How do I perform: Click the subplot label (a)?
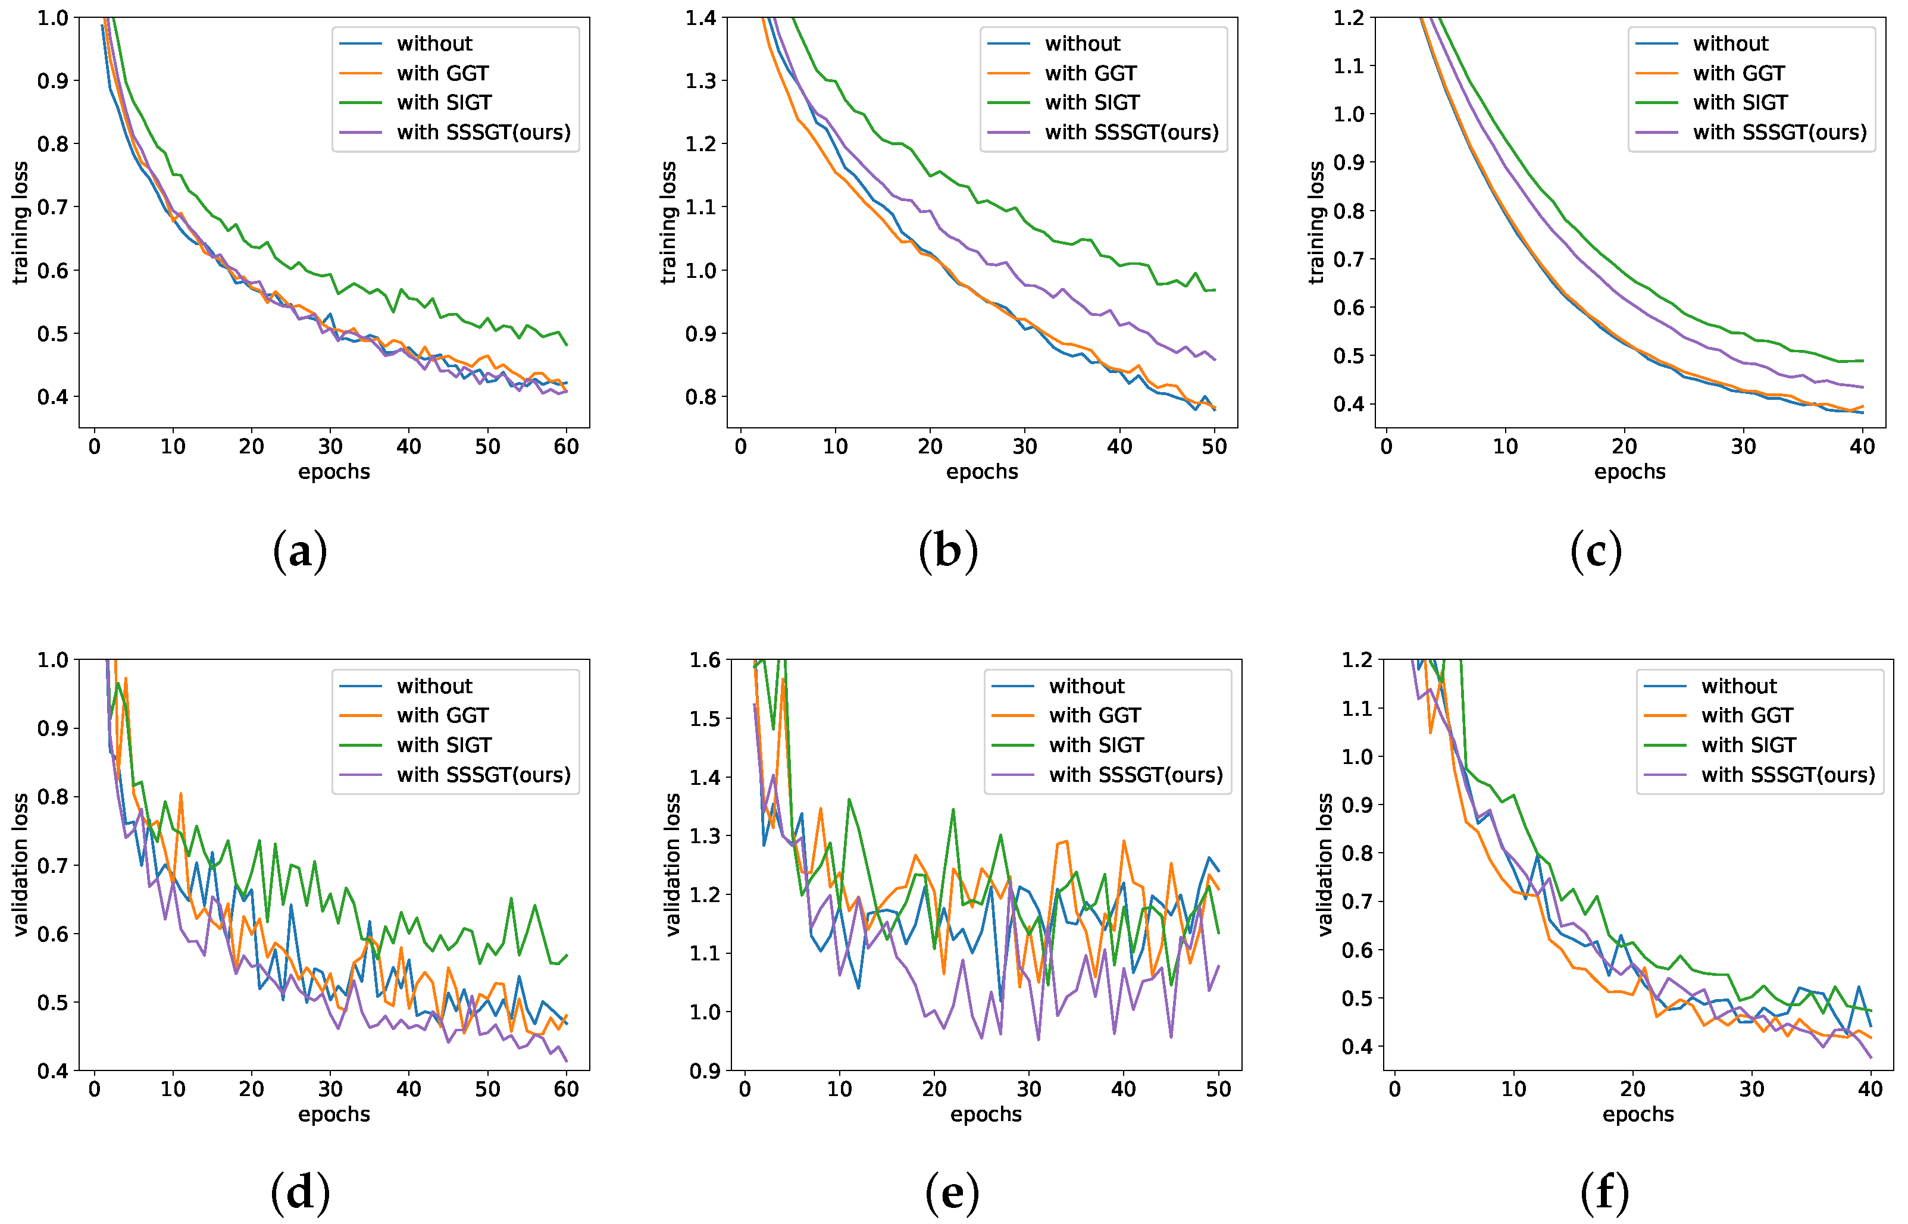(300, 552)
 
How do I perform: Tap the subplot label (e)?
(952, 1194)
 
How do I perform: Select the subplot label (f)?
(1604, 1194)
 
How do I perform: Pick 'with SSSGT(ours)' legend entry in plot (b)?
(1131, 132)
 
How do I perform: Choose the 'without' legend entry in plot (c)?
(1730, 43)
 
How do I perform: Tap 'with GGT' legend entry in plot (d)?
(442, 715)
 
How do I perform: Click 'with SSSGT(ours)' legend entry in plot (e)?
(1136, 775)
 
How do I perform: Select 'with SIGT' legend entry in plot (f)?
(1748, 746)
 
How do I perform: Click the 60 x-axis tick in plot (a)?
(566, 447)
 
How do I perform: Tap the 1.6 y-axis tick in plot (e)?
(705, 660)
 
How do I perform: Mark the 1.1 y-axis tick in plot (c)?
(1349, 66)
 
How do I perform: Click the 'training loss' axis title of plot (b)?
(668, 223)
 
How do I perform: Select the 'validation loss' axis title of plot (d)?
(21, 865)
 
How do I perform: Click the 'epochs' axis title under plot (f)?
(1638, 1115)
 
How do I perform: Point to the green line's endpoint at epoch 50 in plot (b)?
(1215, 290)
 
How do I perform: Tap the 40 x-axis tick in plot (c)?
(1862, 447)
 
